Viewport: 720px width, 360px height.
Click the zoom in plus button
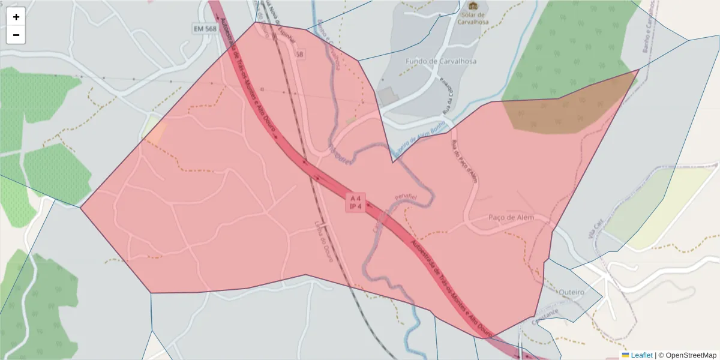pos(16,17)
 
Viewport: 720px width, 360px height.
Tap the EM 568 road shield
pos(205,29)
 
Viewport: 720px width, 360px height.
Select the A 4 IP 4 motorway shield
pos(355,202)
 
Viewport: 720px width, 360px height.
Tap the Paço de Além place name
pos(511,217)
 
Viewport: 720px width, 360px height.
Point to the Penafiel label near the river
pos(406,196)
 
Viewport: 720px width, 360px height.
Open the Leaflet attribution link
pos(641,355)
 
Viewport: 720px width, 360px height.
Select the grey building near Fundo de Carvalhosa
pos(388,95)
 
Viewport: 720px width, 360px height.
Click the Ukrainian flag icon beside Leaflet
pos(625,355)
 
